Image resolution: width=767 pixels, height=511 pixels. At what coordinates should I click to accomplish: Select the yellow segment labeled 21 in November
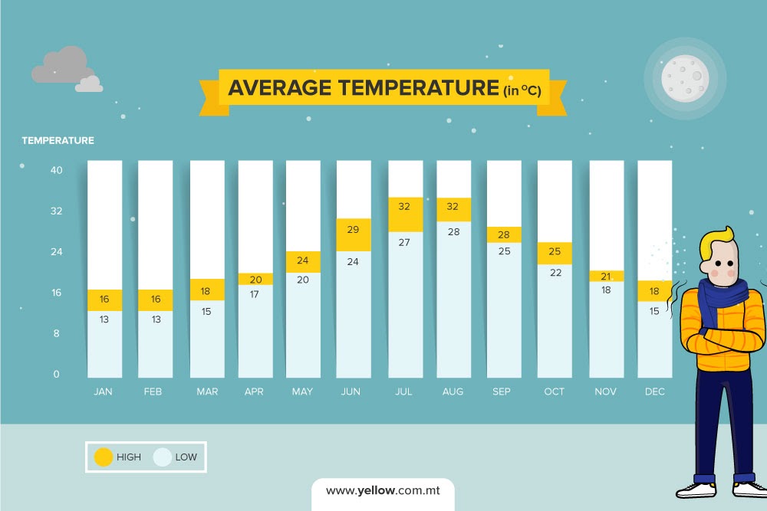606,276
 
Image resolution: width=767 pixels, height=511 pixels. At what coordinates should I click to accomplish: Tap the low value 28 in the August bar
453,231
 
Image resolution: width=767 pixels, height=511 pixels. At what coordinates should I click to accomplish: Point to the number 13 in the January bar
105,319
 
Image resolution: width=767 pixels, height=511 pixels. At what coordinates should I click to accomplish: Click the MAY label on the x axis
302,391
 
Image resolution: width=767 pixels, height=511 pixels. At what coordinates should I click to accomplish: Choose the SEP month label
501,391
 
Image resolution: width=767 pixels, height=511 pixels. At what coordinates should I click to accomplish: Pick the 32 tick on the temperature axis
56,211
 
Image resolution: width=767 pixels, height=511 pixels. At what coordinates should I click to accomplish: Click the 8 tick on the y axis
56,333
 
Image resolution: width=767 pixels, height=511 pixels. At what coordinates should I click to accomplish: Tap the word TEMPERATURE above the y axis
58,140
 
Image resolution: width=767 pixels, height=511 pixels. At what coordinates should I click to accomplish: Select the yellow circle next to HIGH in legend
104,457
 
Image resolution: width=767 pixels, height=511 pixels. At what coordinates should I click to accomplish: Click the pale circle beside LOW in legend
162,457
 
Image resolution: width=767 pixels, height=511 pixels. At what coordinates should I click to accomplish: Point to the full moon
685,78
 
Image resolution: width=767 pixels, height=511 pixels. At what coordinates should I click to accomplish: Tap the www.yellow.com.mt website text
383,490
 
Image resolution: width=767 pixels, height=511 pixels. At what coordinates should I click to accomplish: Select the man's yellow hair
717,237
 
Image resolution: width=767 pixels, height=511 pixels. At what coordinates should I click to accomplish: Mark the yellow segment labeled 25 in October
555,253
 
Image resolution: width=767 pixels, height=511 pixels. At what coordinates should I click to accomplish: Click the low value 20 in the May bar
303,280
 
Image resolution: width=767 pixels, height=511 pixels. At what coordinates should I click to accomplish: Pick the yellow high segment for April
255,279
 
